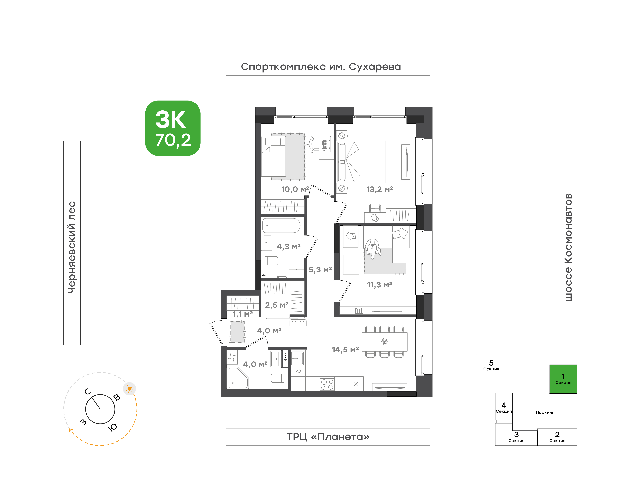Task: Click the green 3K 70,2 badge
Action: click(x=173, y=128)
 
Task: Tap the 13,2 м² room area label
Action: click(x=380, y=189)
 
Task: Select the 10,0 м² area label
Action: click(x=295, y=189)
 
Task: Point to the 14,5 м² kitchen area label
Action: click(x=345, y=350)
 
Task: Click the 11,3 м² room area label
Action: click(x=380, y=285)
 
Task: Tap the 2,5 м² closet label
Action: click(x=277, y=305)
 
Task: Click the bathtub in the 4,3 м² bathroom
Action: click(x=281, y=226)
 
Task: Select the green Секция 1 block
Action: click(x=563, y=379)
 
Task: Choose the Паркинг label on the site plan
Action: click(x=545, y=413)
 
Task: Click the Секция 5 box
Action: click(x=491, y=366)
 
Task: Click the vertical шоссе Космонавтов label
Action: click(x=568, y=247)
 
